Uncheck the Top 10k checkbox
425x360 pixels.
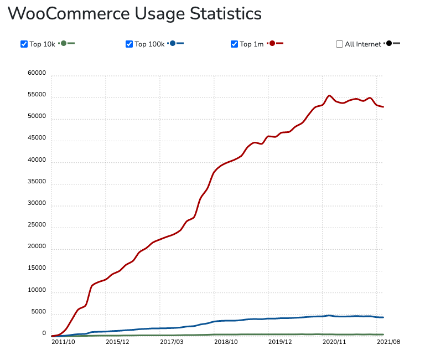click(24, 44)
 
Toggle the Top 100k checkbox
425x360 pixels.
click(129, 44)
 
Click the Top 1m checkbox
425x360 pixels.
click(234, 44)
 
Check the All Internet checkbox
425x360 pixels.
click(339, 44)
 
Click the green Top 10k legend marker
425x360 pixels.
click(64, 43)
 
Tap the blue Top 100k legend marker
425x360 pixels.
click(173, 43)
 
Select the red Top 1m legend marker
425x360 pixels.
click(272, 43)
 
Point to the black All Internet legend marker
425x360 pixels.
click(390, 43)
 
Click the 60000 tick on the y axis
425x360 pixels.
click(37, 74)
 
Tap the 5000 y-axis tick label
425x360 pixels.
click(38, 312)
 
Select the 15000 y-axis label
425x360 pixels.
click(37, 269)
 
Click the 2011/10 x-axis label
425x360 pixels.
click(63, 342)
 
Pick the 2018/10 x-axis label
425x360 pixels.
click(226, 342)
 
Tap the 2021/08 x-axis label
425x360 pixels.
click(388, 342)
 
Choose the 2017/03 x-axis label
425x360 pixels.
click(172, 342)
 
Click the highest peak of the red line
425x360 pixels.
click(329, 96)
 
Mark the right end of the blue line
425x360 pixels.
click(383, 317)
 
